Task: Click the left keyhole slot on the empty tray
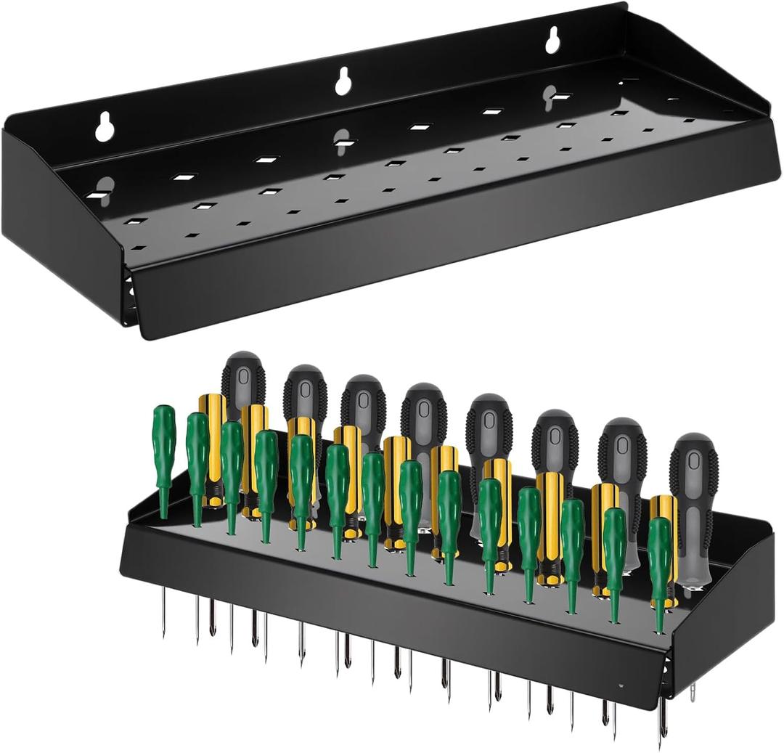[x=105, y=126]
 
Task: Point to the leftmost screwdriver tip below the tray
[x=163, y=614]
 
